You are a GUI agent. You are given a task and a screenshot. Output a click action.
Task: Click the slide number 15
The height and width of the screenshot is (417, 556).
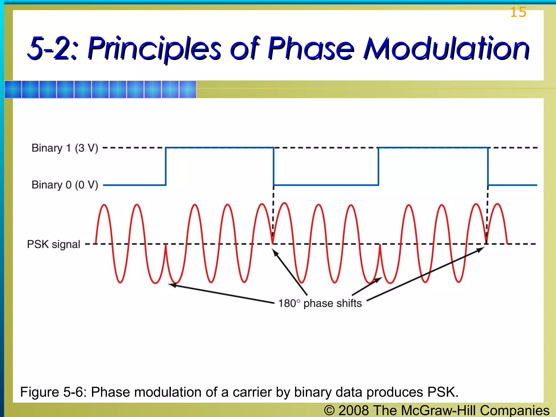coord(518,12)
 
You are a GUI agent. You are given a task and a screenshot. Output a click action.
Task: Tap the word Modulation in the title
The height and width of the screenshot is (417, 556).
coord(446,49)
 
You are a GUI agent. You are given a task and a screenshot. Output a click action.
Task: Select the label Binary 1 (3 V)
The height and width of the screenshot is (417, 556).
coord(65,148)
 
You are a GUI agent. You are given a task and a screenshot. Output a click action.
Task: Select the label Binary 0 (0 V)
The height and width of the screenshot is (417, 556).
coord(65,185)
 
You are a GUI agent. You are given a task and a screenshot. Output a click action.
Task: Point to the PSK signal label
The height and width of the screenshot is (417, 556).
coord(53,244)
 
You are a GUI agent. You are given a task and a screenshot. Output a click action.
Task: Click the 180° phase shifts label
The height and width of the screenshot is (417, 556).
coord(320,303)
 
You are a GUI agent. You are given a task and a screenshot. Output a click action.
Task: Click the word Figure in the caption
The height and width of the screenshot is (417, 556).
coord(40,392)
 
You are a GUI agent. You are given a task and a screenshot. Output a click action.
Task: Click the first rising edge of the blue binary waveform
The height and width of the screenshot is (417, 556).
coord(166,166)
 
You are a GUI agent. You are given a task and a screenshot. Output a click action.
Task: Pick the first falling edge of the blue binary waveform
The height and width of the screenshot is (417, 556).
coord(274,166)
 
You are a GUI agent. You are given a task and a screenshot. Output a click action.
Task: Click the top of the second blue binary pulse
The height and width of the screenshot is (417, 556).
coord(433,148)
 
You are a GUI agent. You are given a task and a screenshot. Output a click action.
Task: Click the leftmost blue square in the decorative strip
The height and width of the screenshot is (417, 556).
coord(13,89)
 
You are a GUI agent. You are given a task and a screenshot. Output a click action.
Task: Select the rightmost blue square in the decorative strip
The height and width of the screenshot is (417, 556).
coord(188,89)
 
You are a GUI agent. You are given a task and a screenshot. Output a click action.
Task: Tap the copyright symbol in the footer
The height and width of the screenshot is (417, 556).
coord(329,410)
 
